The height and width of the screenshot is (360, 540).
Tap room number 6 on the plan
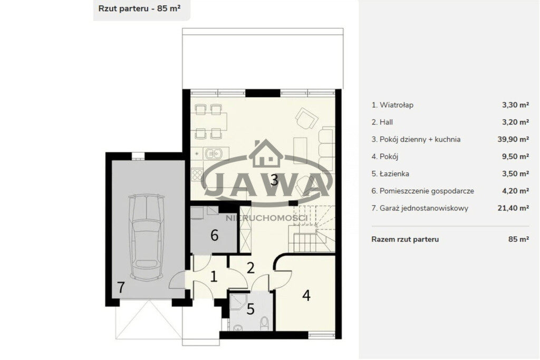coord(214,236)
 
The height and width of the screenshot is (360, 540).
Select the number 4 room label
coord(306,295)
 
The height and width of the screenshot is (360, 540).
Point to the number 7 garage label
coord(121,287)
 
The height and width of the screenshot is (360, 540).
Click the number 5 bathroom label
coord(250,309)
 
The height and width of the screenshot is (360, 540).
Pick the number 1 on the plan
coord(214,276)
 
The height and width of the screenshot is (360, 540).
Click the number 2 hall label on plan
coord(250,268)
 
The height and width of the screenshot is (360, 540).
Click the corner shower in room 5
coord(238,303)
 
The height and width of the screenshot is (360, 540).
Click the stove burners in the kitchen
coord(198,174)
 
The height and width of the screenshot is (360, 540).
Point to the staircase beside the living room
coord(312,228)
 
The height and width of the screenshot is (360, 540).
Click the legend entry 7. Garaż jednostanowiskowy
coord(420,208)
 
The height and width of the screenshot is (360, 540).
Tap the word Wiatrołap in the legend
coord(397,105)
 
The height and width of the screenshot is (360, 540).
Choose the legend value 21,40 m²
coord(513,208)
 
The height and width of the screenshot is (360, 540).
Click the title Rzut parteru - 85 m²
coord(140,8)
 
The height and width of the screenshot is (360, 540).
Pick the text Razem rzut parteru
coord(405,239)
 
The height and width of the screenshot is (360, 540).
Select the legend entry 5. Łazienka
coord(390,174)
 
